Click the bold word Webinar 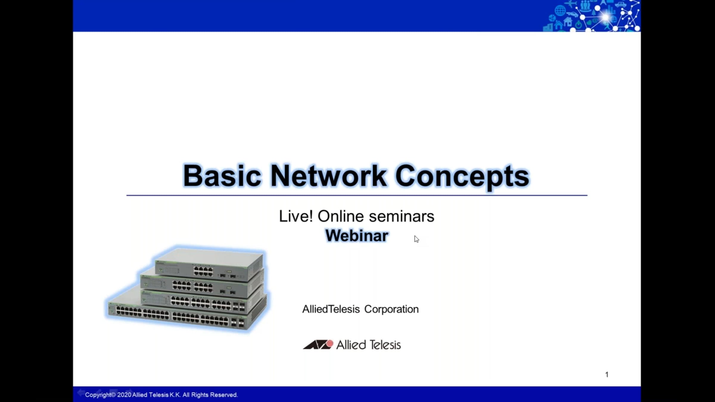pyautogui.click(x=357, y=236)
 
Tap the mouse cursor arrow pyautogui.click(x=416, y=239)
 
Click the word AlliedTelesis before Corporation pyautogui.click(x=331, y=309)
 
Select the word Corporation pyautogui.click(x=391, y=309)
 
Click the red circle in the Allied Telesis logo pyautogui.click(x=329, y=344)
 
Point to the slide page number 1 pyautogui.click(x=607, y=375)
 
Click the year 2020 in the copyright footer pyautogui.click(x=124, y=395)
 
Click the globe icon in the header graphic pyautogui.click(x=560, y=10)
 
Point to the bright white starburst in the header pyautogui.click(x=606, y=17)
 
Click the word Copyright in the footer pyautogui.click(x=98, y=395)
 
